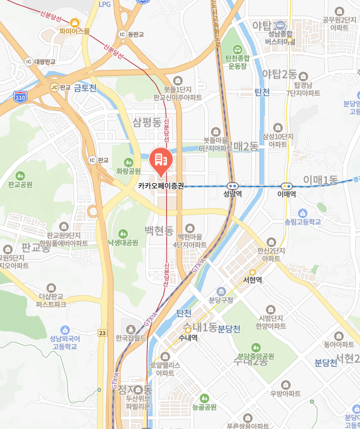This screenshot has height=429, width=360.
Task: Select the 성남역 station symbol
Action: click(x=233, y=186)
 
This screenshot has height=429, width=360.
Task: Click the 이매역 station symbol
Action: click(x=287, y=186)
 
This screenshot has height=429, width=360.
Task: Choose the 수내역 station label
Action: click(x=188, y=338)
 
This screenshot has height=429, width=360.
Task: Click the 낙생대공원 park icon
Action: click(x=123, y=233)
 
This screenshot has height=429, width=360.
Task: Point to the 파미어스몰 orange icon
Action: click(x=75, y=22)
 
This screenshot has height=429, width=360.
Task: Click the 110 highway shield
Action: click(x=21, y=96)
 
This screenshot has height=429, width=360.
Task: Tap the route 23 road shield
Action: click(x=102, y=333)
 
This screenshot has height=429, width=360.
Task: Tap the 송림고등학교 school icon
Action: click(x=303, y=213)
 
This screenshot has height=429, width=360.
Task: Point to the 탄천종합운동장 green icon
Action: click(x=236, y=49)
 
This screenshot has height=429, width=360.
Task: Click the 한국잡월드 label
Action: click(x=131, y=338)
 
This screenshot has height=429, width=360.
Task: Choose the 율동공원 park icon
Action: click(x=204, y=398)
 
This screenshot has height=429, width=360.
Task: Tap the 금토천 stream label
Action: click(x=85, y=88)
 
